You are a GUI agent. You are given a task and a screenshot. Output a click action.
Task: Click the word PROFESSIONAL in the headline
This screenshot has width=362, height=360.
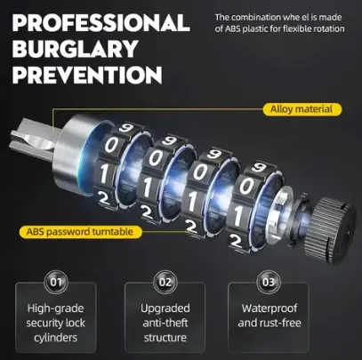point(101,22)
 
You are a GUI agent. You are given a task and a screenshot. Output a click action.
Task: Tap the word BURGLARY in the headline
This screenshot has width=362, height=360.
point(76,49)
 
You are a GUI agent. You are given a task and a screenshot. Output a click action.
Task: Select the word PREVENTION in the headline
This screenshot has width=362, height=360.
point(87,75)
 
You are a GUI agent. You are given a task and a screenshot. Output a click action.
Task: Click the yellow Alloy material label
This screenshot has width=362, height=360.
point(302,109)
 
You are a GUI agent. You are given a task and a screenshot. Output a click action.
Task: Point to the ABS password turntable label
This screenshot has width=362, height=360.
point(80,231)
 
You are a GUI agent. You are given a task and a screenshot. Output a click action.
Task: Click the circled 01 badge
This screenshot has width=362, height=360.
point(56,282)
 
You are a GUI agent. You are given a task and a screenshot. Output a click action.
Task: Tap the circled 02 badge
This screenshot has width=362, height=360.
point(165,282)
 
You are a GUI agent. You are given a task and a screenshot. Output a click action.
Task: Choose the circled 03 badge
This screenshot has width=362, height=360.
point(269,282)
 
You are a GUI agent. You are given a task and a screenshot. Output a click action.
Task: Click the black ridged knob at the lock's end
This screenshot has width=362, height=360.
point(330,230)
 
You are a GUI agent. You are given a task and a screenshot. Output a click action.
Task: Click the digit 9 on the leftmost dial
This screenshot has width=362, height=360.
point(126,128)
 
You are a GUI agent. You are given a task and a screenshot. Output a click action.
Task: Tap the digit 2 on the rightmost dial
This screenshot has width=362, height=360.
point(236,242)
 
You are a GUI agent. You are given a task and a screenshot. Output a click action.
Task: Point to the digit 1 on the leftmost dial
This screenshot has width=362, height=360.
point(103,173)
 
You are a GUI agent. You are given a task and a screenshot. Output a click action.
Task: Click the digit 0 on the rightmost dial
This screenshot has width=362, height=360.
point(246,187)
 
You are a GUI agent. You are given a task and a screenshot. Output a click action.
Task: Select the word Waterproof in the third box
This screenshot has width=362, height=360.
point(269,308)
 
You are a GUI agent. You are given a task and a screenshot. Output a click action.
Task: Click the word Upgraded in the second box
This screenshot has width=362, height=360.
point(165,308)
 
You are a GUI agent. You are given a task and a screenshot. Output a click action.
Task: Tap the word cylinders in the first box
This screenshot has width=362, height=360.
point(55,338)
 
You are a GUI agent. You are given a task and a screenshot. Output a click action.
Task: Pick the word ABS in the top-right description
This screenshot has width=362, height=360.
point(233,29)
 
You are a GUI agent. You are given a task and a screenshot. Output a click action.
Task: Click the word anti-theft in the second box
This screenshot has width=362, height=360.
point(165,323)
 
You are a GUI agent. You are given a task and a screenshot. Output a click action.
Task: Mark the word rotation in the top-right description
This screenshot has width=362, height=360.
point(329,29)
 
